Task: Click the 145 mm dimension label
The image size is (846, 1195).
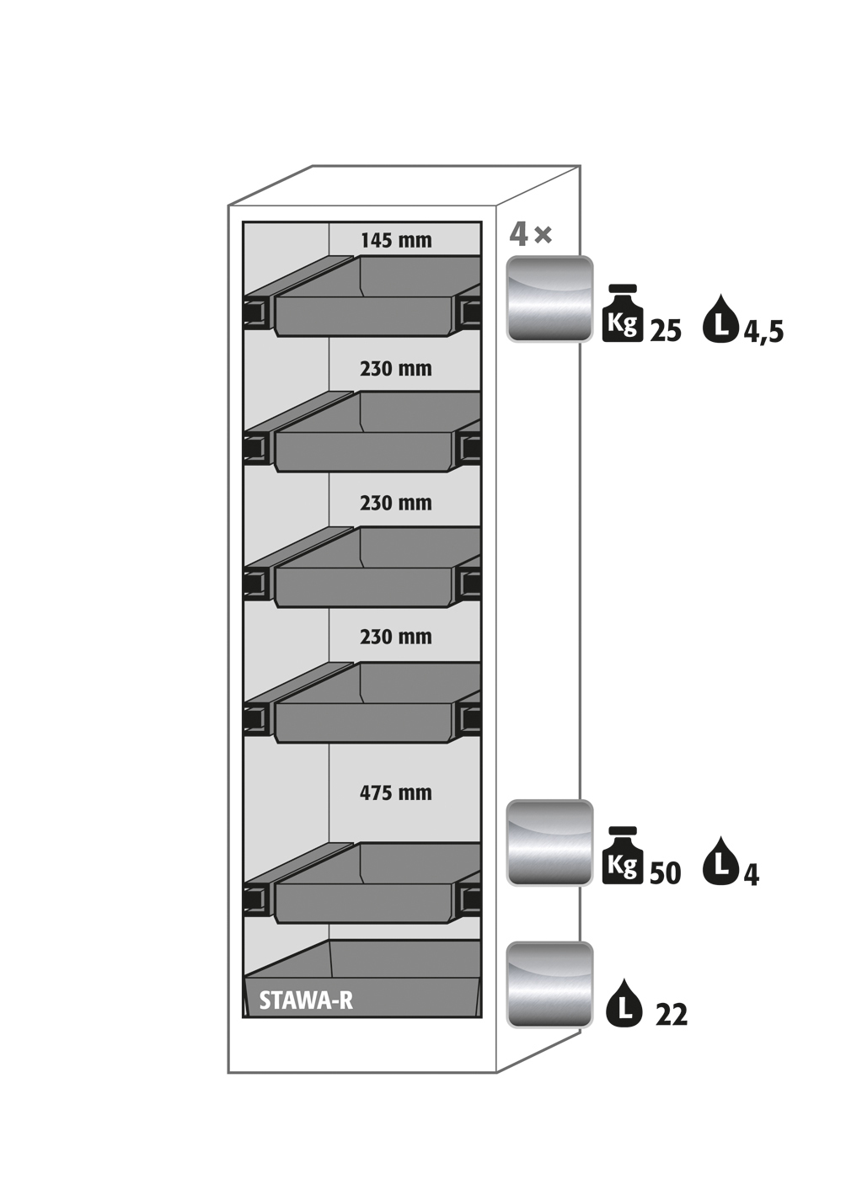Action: pos(396,241)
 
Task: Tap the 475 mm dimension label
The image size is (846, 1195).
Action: pos(395,792)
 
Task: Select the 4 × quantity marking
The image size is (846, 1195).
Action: pos(530,234)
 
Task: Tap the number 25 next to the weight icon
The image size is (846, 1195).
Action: pos(666,332)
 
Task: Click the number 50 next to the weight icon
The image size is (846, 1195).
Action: pos(665,874)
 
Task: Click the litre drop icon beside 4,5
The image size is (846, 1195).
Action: pos(721,318)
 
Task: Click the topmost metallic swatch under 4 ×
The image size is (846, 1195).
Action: pos(549,299)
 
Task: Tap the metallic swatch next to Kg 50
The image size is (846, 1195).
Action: pos(549,843)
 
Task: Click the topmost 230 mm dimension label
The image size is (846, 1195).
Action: pos(395,369)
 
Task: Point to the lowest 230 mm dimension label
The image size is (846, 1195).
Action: pos(395,637)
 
